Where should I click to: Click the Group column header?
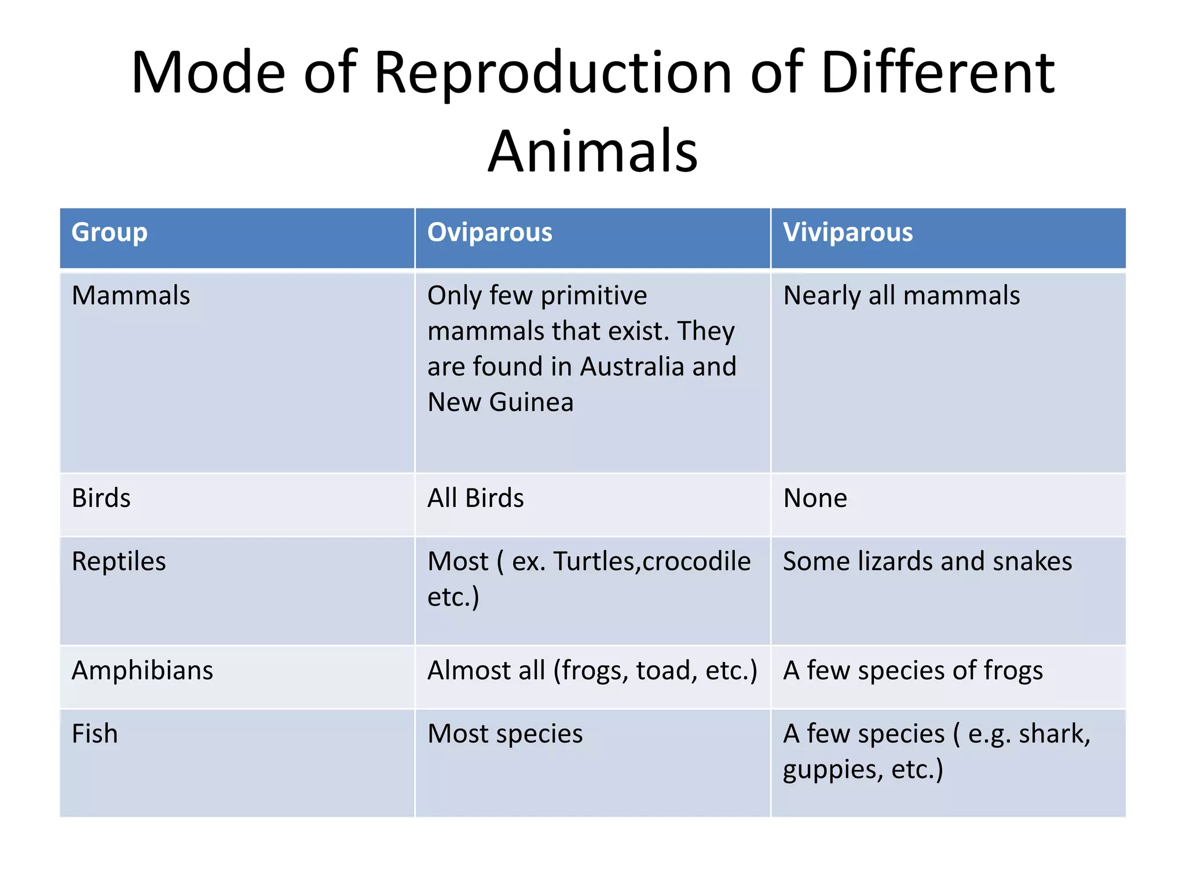tap(109, 233)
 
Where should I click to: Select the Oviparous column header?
tap(489, 233)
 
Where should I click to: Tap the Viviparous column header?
tap(847, 233)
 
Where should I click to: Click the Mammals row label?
tap(131, 296)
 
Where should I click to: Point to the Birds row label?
tap(101, 498)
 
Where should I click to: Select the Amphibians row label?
tap(142, 671)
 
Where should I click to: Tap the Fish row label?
tap(95, 734)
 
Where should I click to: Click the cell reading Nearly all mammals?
tap(901, 296)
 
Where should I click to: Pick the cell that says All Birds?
tap(475, 498)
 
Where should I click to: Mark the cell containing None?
tap(815, 498)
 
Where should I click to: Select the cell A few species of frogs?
tap(913, 671)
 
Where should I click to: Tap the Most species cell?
tap(505, 734)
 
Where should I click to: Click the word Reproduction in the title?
tap(553, 73)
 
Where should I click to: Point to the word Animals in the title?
tap(593, 152)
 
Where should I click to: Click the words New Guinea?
tap(500, 402)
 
